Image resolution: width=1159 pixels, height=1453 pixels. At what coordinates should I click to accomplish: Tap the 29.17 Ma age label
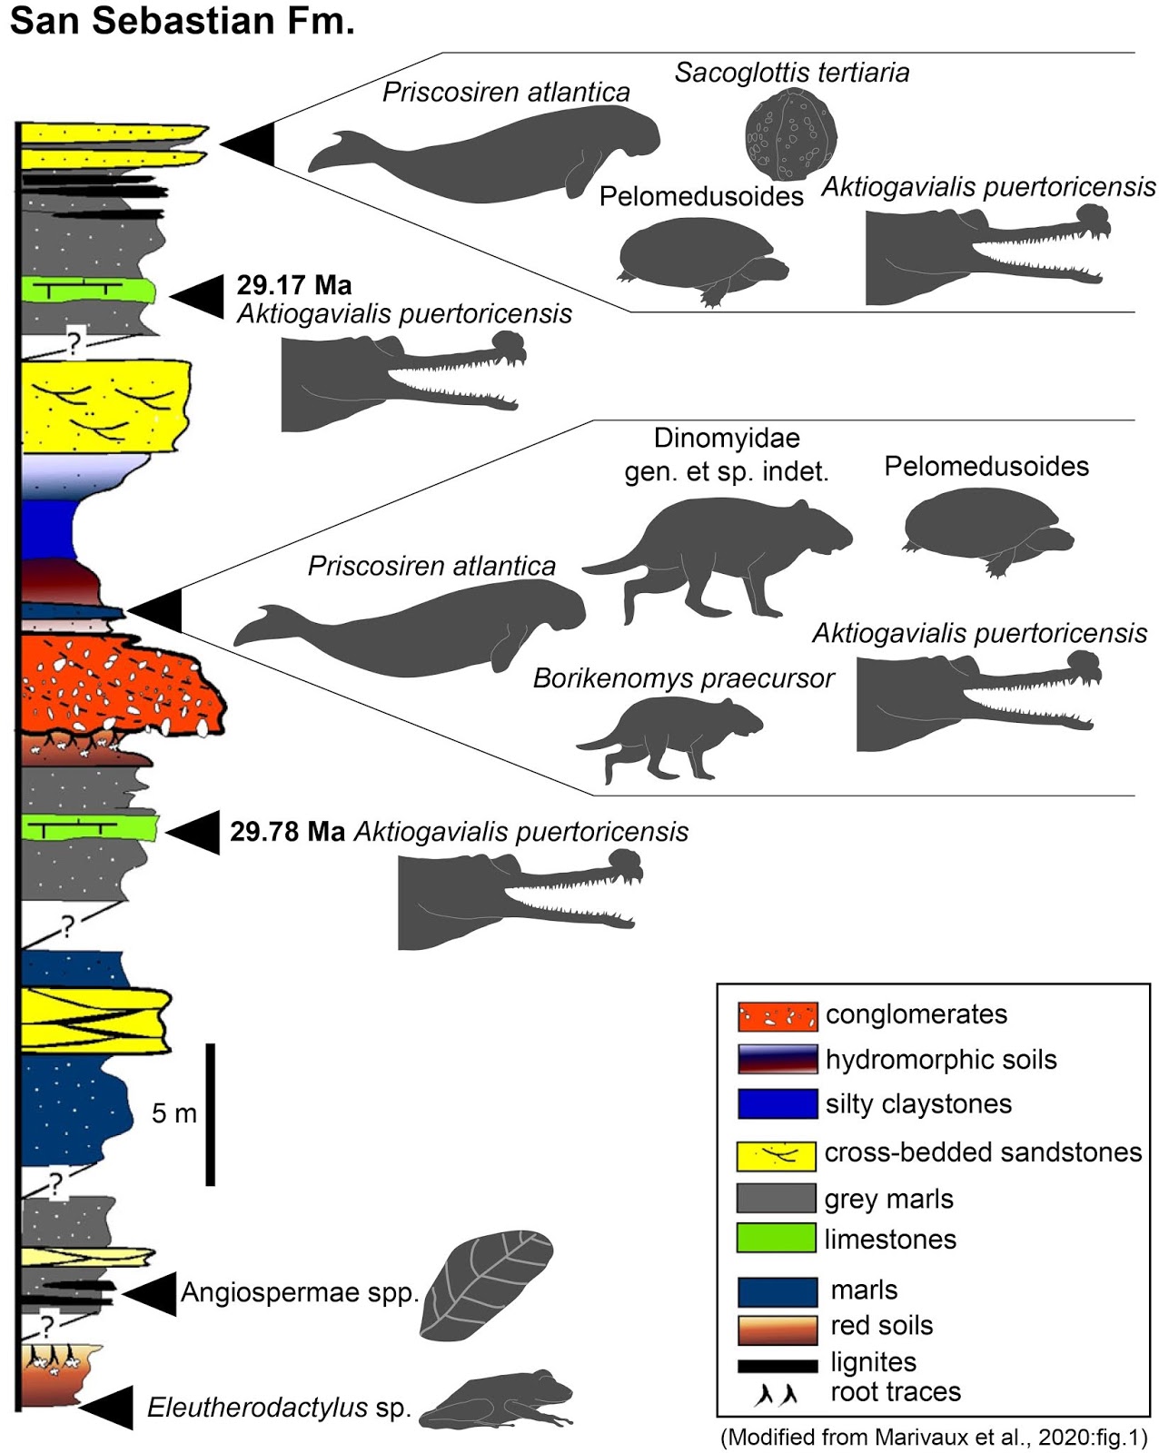click(293, 285)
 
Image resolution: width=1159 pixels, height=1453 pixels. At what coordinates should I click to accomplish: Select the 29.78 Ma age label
click(287, 832)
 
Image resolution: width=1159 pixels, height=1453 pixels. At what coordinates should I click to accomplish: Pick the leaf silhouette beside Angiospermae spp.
click(486, 1285)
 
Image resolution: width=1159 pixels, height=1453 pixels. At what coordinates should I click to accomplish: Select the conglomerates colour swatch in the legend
click(777, 1016)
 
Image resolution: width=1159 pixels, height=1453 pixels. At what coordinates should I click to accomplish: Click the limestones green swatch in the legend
click(777, 1239)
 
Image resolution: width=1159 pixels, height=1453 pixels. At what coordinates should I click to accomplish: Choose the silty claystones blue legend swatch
click(777, 1104)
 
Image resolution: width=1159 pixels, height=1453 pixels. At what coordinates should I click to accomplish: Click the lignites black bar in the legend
click(778, 1364)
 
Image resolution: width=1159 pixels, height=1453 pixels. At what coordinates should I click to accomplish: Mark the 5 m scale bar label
click(173, 1113)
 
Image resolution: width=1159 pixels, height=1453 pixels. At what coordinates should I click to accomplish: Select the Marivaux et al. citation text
click(934, 1438)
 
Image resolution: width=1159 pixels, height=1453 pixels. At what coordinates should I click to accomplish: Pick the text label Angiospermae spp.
click(300, 1292)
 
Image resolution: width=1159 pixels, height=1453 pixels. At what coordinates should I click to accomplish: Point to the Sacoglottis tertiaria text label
click(791, 73)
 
